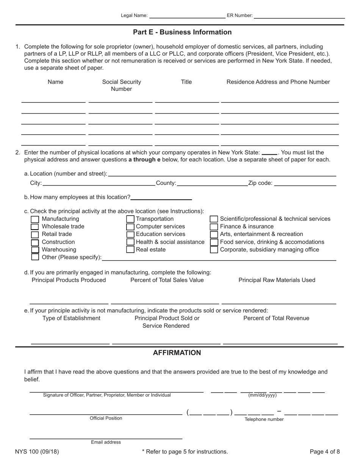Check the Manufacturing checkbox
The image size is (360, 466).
[34, 219]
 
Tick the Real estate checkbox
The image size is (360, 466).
[130, 250]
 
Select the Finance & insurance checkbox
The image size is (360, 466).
[214, 227]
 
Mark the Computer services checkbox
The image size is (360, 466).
[130, 227]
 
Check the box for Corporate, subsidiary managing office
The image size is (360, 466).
[214, 250]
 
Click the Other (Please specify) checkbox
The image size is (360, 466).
[34, 257]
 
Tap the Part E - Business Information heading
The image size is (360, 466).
[182, 32]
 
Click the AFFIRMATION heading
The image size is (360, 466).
[177, 353]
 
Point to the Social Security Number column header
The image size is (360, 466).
[122, 85]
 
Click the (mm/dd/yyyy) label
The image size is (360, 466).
[262, 395]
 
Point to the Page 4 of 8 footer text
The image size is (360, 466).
[325, 452]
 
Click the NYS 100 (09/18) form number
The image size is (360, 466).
[37, 452]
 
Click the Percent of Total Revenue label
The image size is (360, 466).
[276, 318]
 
